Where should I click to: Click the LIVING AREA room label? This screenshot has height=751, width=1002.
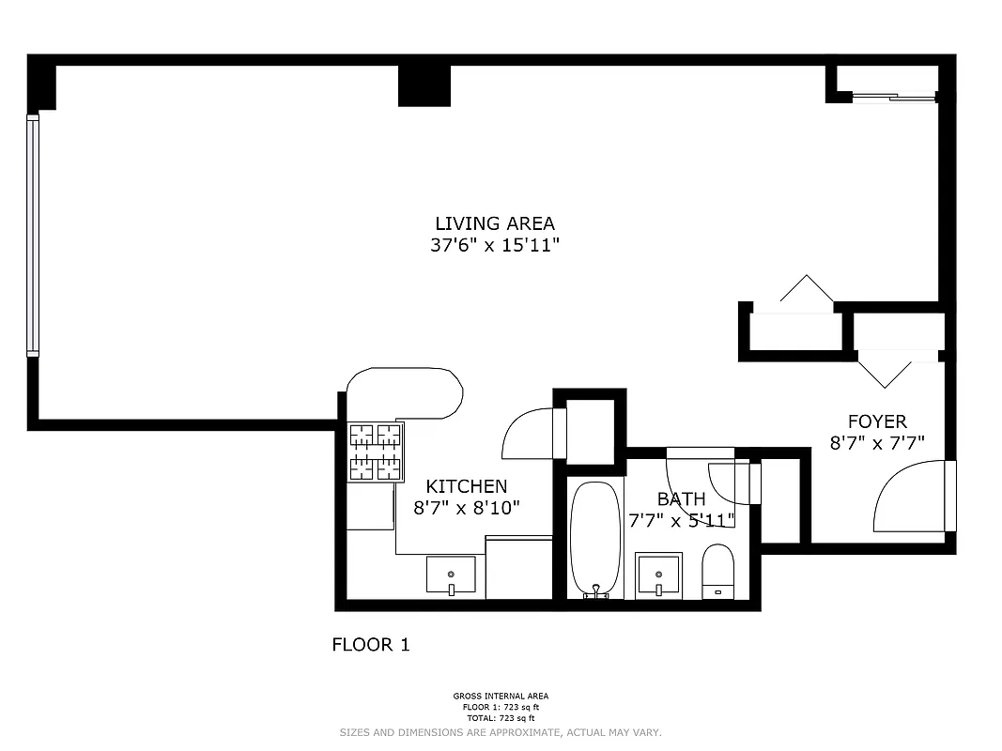tap(494, 223)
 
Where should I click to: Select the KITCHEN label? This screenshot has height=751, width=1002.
tap(467, 486)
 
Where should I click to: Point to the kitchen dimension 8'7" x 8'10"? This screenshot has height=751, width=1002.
tap(467, 508)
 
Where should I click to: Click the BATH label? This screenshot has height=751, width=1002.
tap(681, 498)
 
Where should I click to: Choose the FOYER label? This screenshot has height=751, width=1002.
tap(877, 421)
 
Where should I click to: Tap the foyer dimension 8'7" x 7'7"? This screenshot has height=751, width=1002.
tap(877, 443)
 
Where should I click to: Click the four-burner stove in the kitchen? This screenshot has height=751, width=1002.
tap(376, 452)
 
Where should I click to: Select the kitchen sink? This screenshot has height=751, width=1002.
tap(451, 575)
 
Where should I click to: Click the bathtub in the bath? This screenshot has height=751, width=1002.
tap(595, 540)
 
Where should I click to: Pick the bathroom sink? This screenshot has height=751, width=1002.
tap(658, 575)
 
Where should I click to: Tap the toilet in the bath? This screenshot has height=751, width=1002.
tap(717, 571)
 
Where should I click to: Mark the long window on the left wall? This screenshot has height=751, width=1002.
tap(33, 235)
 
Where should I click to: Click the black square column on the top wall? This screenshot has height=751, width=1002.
tap(424, 85)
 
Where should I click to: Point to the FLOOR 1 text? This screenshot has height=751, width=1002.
tap(371, 645)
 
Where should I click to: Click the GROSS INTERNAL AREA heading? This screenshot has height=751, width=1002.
tap(501, 696)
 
